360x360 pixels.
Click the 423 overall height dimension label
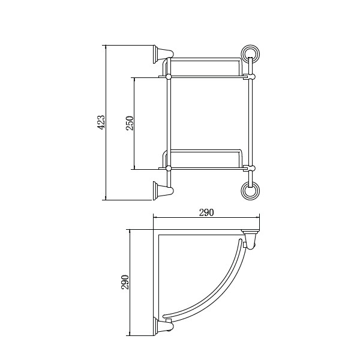[101, 122]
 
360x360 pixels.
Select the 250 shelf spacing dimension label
[130, 123]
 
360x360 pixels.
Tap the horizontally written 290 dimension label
[206, 213]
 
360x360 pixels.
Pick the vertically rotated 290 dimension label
[125, 282]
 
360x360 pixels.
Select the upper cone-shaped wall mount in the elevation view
[163, 54]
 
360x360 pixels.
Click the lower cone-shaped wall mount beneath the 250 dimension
[163, 190]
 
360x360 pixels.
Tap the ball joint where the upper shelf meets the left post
[169, 76]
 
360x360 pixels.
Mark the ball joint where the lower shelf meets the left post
[169, 169]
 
